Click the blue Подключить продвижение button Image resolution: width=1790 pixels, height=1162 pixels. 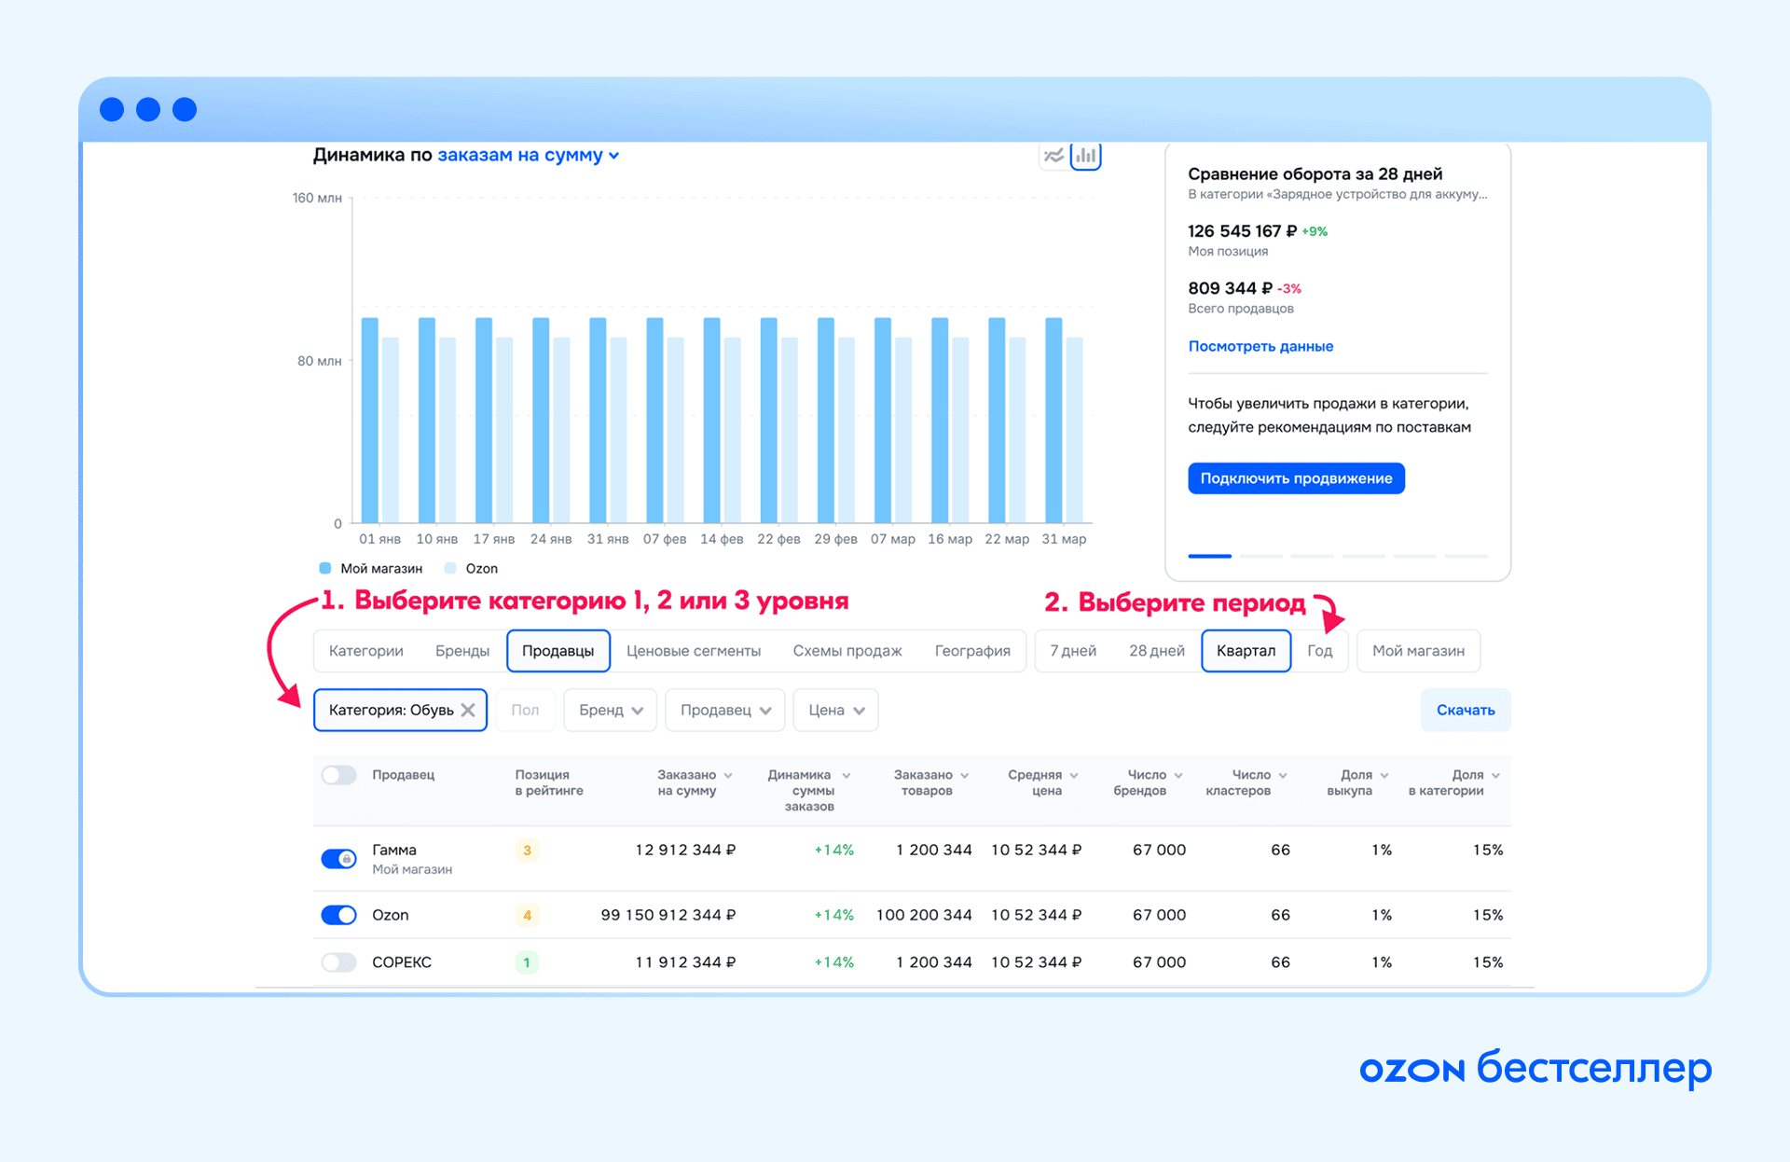pyautogui.click(x=1296, y=478)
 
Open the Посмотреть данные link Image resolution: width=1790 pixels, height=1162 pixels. pyautogui.click(x=1260, y=346)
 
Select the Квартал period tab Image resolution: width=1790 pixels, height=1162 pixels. pyautogui.click(x=1246, y=651)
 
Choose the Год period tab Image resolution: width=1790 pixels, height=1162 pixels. pyautogui.click(x=1319, y=651)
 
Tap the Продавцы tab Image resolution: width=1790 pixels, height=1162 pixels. pyautogui.click(x=558, y=651)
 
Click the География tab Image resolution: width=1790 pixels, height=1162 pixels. pyautogui.click(x=972, y=651)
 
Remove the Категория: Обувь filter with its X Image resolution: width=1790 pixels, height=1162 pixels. pyautogui.click(x=468, y=711)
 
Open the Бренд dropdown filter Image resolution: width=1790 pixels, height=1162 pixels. pyautogui.click(x=611, y=711)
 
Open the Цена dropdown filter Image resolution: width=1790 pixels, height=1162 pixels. pyautogui.click(x=836, y=711)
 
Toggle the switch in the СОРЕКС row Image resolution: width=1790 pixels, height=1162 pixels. pyautogui.click(x=338, y=962)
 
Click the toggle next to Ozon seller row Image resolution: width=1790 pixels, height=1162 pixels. pyautogui.click(x=338, y=915)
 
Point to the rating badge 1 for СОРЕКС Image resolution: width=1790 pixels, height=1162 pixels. pyautogui.click(x=527, y=962)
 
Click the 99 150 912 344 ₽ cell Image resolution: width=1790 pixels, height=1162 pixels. pyautogui.click(x=668, y=915)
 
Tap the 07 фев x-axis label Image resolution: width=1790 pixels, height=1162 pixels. pyautogui.click(x=665, y=539)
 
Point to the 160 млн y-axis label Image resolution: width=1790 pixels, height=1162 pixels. pyautogui.click(x=317, y=198)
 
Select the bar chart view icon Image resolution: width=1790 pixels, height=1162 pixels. pyautogui.click(x=1086, y=156)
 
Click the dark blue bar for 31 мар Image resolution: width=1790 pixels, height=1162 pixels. pyautogui.click(x=1053, y=421)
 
